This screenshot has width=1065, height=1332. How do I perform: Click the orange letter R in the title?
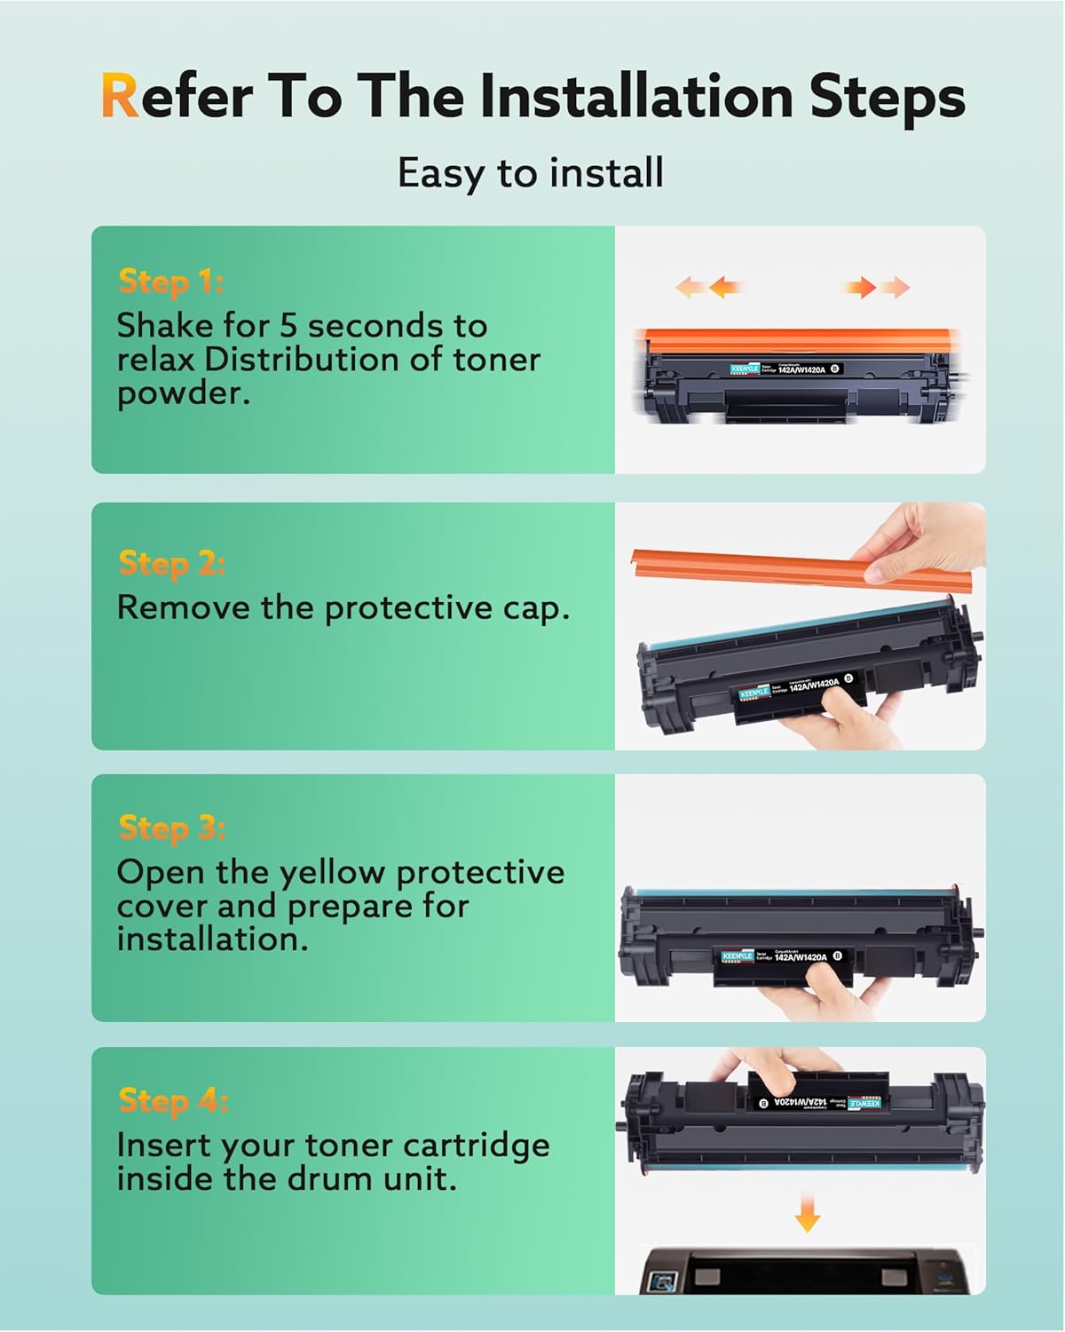(120, 96)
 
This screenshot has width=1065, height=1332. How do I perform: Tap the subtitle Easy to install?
(531, 172)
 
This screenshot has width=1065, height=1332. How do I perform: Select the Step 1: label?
(170, 281)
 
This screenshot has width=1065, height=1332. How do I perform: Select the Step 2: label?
(171, 563)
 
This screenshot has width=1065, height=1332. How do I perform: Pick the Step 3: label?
(171, 828)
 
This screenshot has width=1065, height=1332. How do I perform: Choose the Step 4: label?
(173, 1100)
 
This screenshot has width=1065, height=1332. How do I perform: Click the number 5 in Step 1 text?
(288, 325)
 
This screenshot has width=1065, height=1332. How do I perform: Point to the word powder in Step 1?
(183, 393)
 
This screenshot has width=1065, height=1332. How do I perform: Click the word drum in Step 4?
(336, 1179)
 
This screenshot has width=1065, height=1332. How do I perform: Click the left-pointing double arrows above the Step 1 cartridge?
(709, 287)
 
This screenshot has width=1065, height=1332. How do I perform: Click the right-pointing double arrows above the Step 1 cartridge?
(877, 287)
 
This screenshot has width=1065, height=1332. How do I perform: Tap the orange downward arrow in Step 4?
(807, 1212)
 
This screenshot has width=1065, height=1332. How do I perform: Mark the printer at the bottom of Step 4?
(808, 1270)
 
